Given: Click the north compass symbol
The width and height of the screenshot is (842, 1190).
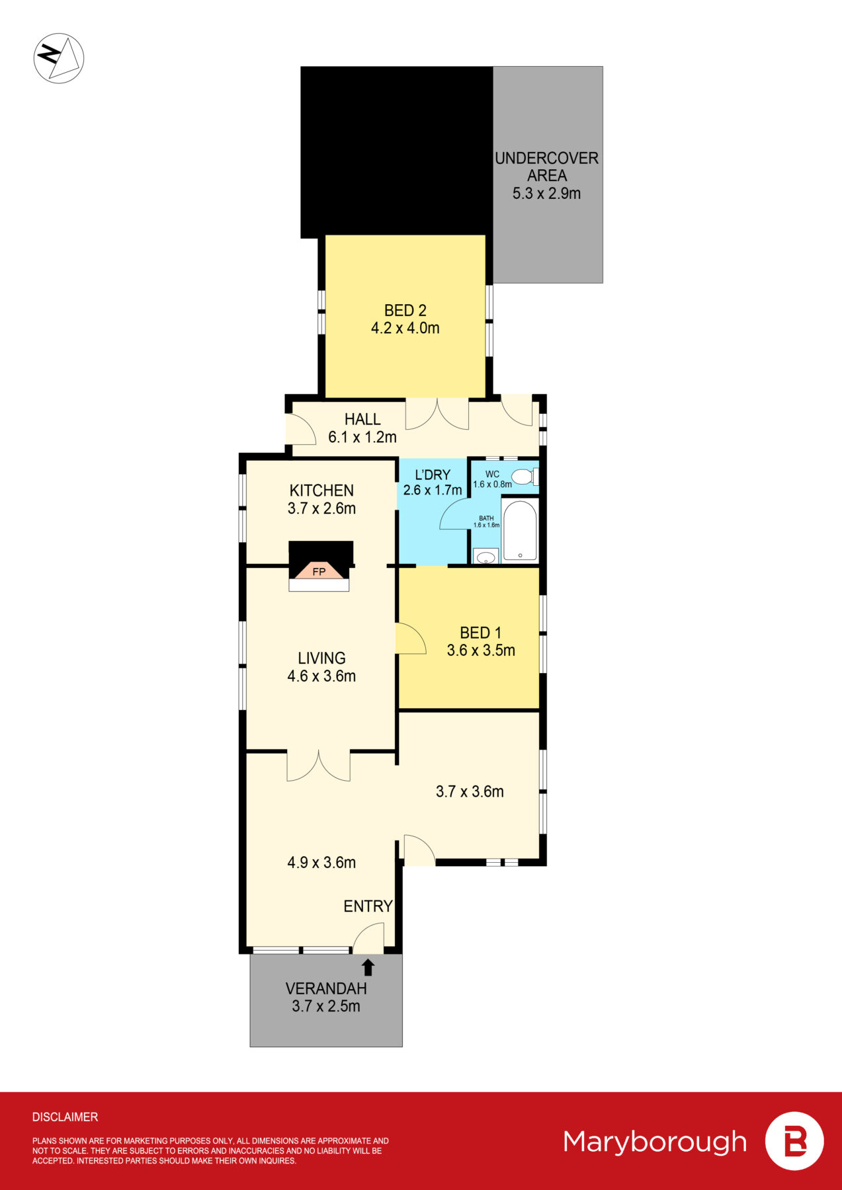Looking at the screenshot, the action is click(59, 58).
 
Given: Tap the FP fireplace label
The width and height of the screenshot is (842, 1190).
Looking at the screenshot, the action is click(319, 571).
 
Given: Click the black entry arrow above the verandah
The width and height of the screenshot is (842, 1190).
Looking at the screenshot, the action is click(368, 967).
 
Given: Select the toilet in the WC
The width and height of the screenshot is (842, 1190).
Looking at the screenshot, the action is click(525, 477).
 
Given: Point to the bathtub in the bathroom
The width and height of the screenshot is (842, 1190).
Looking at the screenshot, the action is click(520, 531).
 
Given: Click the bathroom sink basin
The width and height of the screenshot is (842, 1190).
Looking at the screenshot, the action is click(486, 557).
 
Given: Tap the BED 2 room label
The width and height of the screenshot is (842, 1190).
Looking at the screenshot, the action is click(405, 310).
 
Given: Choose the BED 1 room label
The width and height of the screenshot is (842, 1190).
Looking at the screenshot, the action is click(481, 633).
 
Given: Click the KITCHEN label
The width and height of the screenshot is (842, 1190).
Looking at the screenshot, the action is click(321, 491).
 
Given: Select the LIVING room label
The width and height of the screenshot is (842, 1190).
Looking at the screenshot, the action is click(321, 658).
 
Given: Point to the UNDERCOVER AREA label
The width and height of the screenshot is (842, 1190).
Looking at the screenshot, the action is click(547, 167).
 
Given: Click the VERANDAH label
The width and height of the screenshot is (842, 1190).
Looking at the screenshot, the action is click(326, 988).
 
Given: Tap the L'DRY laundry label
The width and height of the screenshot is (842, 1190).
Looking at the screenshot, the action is click(433, 475).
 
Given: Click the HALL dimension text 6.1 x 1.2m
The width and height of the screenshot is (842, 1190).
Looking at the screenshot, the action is click(362, 437).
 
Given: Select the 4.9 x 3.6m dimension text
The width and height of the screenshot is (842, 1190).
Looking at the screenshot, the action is click(321, 862).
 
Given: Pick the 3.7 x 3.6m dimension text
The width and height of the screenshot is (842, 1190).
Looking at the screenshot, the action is click(470, 791).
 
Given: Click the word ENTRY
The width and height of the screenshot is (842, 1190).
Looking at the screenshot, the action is click(368, 906).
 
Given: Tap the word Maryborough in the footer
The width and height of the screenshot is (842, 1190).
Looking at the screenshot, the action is click(655, 1142).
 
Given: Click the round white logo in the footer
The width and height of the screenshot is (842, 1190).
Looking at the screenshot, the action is click(794, 1141).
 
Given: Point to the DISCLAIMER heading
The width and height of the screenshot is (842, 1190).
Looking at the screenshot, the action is click(65, 1117).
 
